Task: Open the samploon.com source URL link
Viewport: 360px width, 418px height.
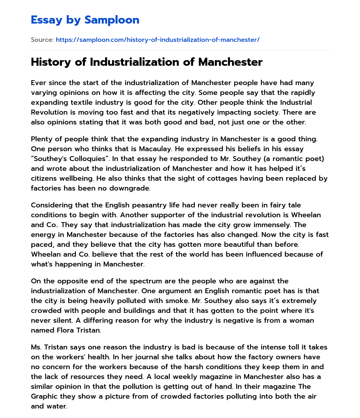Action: [x=157, y=40]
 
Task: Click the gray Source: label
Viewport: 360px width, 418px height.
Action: [x=42, y=40]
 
